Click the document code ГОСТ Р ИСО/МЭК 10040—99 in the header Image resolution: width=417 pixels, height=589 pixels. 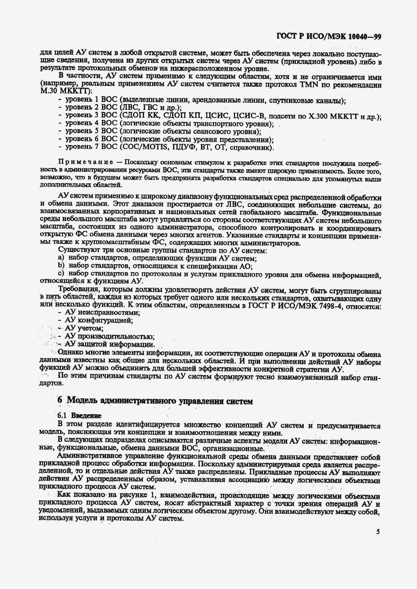[329, 37]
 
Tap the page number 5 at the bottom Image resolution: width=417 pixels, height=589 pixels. [378, 531]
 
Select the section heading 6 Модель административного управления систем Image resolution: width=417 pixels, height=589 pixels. [155, 401]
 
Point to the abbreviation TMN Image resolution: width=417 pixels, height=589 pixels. [309, 84]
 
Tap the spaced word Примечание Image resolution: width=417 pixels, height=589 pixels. [86, 162]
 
